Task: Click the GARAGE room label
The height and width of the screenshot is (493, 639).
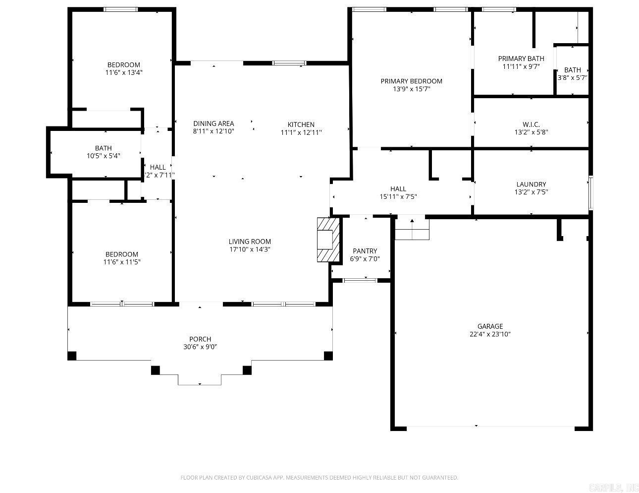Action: click(490, 326)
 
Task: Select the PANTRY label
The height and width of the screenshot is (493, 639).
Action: click(365, 251)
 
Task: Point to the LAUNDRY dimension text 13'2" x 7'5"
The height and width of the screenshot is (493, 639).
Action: click(531, 192)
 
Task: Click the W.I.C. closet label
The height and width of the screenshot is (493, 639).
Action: click(531, 124)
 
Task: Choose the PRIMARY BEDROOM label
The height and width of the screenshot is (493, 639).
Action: click(411, 81)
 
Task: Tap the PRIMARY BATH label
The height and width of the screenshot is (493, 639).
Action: click(521, 59)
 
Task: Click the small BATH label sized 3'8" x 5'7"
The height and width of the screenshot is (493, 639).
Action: click(572, 70)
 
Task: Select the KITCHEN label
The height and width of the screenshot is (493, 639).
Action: click(301, 124)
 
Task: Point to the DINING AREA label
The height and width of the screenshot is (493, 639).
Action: click(213, 123)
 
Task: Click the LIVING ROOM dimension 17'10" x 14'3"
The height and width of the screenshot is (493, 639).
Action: click(249, 249)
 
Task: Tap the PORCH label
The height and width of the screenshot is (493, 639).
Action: click(200, 339)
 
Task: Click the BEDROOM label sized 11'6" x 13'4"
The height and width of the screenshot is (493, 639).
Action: click(124, 64)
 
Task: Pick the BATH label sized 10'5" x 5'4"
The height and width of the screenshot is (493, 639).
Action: click(103, 148)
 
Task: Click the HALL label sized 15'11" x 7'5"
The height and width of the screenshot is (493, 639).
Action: click(398, 188)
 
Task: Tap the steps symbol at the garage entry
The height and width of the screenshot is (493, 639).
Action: click(412, 230)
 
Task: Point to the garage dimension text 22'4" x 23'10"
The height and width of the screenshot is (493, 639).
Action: click(490, 334)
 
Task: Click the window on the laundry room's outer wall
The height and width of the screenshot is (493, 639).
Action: click(590, 192)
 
